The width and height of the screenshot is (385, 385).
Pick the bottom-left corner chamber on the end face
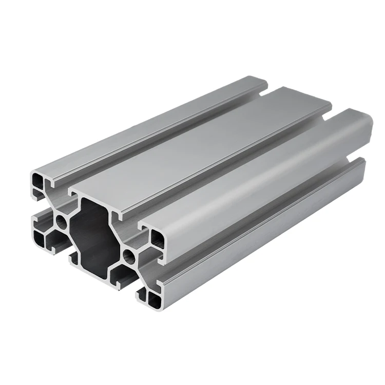[39, 237]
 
